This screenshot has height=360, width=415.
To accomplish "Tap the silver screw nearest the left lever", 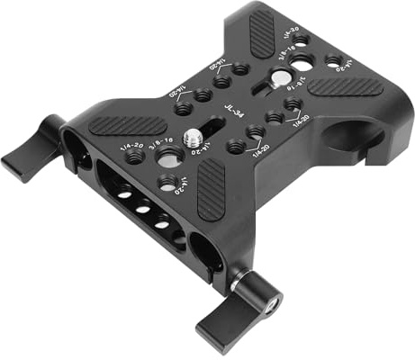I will (192, 136).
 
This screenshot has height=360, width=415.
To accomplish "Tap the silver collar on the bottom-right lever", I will (241, 286).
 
